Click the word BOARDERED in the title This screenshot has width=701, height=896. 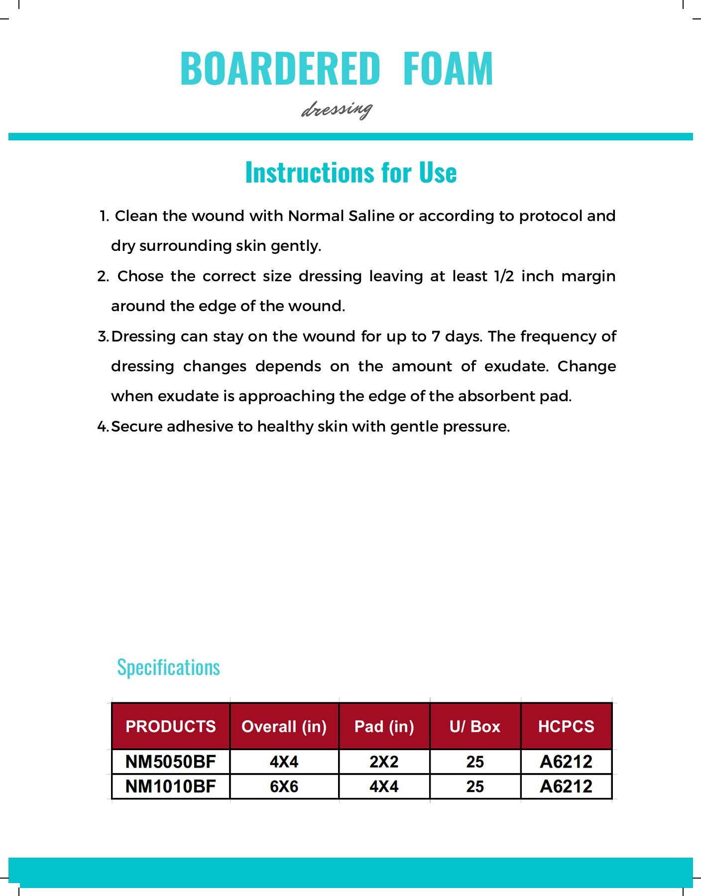coord(280,69)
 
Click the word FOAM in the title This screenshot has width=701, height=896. coord(448,69)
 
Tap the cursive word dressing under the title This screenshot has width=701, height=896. coord(337,109)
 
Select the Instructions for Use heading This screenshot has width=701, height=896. coord(351,173)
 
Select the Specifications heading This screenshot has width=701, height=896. coord(168,668)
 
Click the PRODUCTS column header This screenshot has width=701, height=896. coord(171,726)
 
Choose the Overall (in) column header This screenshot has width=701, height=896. coord(284,726)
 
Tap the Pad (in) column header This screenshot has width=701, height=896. coord(384,726)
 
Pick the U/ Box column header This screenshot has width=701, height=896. coord(475,726)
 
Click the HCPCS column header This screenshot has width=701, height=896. coord(566,726)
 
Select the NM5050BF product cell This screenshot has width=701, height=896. coord(171,762)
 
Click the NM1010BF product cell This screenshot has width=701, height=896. coord(171,786)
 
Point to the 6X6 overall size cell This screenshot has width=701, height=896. coord(284,786)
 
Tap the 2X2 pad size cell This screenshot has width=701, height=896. coord(384,762)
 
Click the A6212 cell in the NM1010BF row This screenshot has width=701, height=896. coord(566,786)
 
